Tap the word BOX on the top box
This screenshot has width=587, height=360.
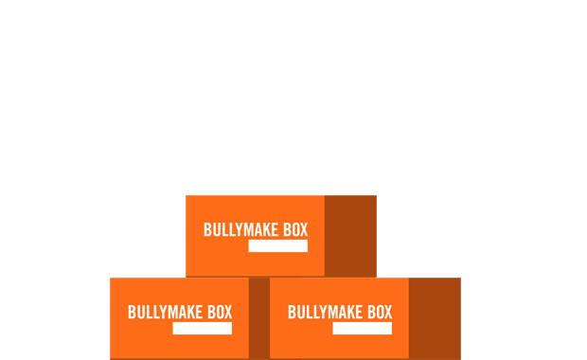point(293,230)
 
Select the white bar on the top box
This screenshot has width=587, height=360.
point(277,246)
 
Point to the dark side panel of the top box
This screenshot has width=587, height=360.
point(350,235)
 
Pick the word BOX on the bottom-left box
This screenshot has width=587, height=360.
point(217,313)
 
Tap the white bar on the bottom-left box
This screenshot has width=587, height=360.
point(202,329)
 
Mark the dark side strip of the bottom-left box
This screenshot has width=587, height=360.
point(258,318)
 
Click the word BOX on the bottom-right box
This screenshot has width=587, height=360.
point(377,313)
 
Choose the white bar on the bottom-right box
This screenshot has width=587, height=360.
point(362,329)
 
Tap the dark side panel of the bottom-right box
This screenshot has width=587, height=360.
point(435,318)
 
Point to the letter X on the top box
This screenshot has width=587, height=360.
point(303,230)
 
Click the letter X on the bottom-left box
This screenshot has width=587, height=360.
point(227,313)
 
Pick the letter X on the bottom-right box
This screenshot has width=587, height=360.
point(387,313)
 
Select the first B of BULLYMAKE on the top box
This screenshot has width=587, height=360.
point(207,230)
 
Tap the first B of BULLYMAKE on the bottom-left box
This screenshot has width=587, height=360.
point(132,313)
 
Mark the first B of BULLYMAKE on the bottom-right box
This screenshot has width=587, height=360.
point(292,313)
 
